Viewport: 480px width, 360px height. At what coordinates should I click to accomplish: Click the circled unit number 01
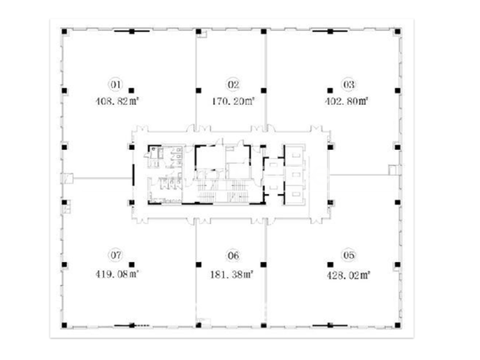116,84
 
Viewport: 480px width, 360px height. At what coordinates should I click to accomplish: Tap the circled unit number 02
233,84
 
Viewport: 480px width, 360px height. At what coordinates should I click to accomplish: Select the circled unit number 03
349,84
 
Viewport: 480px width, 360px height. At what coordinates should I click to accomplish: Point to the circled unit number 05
349,255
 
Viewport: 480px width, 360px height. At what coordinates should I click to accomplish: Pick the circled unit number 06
233,255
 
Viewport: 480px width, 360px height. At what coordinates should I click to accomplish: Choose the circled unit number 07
116,254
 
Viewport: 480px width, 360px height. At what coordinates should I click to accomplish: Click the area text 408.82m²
118,101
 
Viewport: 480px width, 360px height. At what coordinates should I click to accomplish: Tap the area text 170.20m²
233,101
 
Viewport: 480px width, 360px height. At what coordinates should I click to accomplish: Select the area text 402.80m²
347,101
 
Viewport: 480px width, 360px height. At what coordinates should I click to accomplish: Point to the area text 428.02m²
349,275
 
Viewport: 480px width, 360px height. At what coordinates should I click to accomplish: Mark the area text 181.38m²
232,275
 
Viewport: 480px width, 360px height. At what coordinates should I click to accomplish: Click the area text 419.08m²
117,274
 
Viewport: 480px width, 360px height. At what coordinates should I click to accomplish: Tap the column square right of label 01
131,91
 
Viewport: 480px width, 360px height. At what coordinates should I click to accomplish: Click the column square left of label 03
330,91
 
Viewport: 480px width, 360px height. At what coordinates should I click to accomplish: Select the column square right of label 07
131,265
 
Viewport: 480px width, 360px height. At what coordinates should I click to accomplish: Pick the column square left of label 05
331,265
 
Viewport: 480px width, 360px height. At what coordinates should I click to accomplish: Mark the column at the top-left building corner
64,32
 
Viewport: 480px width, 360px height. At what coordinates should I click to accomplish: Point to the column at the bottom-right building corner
398,325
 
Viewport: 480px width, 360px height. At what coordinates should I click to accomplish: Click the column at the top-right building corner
398,32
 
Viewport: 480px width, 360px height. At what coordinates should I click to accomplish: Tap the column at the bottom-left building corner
64,325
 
